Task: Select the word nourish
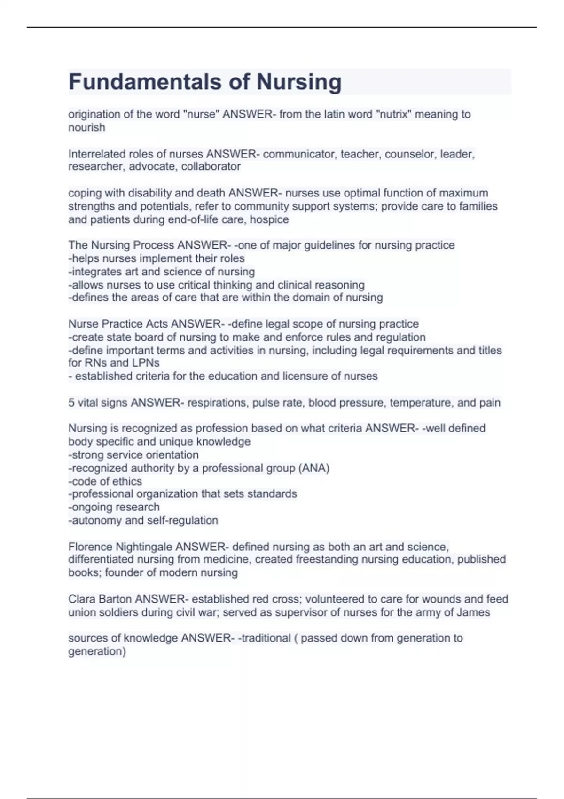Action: tap(86, 127)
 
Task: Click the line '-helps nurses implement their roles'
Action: tap(157, 258)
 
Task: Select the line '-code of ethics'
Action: tap(105, 481)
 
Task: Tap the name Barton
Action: tap(115, 599)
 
